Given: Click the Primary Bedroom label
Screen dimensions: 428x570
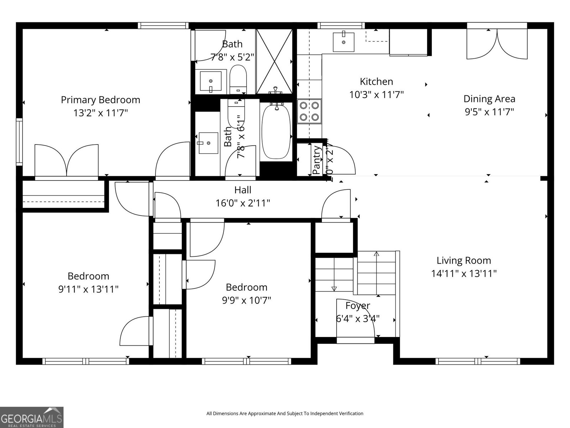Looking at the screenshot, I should pyautogui.click(x=100, y=100).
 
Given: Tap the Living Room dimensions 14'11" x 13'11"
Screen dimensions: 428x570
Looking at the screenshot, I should pyautogui.click(x=464, y=274).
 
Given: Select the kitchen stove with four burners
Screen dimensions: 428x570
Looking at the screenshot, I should pyautogui.click(x=309, y=111).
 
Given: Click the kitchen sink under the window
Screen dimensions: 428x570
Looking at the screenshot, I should pyautogui.click(x=343, y=42).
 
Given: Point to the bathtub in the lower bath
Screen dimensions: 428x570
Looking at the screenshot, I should pyautogui.click(x=276, y=131).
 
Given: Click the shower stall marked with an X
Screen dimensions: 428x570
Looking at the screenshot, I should pyautogui.click(x=274, y=61).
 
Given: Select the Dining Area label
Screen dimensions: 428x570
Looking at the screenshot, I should pyautogui.click(x=489, y=99).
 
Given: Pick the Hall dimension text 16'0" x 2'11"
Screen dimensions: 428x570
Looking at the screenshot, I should pyautogui.click(x=243, y=203).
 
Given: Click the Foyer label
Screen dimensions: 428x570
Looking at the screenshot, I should pyautogui.click(x=358, y=306).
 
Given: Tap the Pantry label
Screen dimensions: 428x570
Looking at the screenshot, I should pyautogui.click(x=316, y=160).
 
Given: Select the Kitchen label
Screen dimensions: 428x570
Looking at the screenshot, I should pyautogui.click(x=376, y=82).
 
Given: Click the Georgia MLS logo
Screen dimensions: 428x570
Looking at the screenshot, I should pyautogui.click(x=32, y=417).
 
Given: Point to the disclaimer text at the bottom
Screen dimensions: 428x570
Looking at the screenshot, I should pyautogui.click(x=285, y=414).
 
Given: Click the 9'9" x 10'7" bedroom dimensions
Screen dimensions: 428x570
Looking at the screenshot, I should pyautogui.click(x=247, y=300).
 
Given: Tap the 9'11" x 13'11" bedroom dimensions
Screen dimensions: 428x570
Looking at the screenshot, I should pyautogui.click(x=88, y=289).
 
